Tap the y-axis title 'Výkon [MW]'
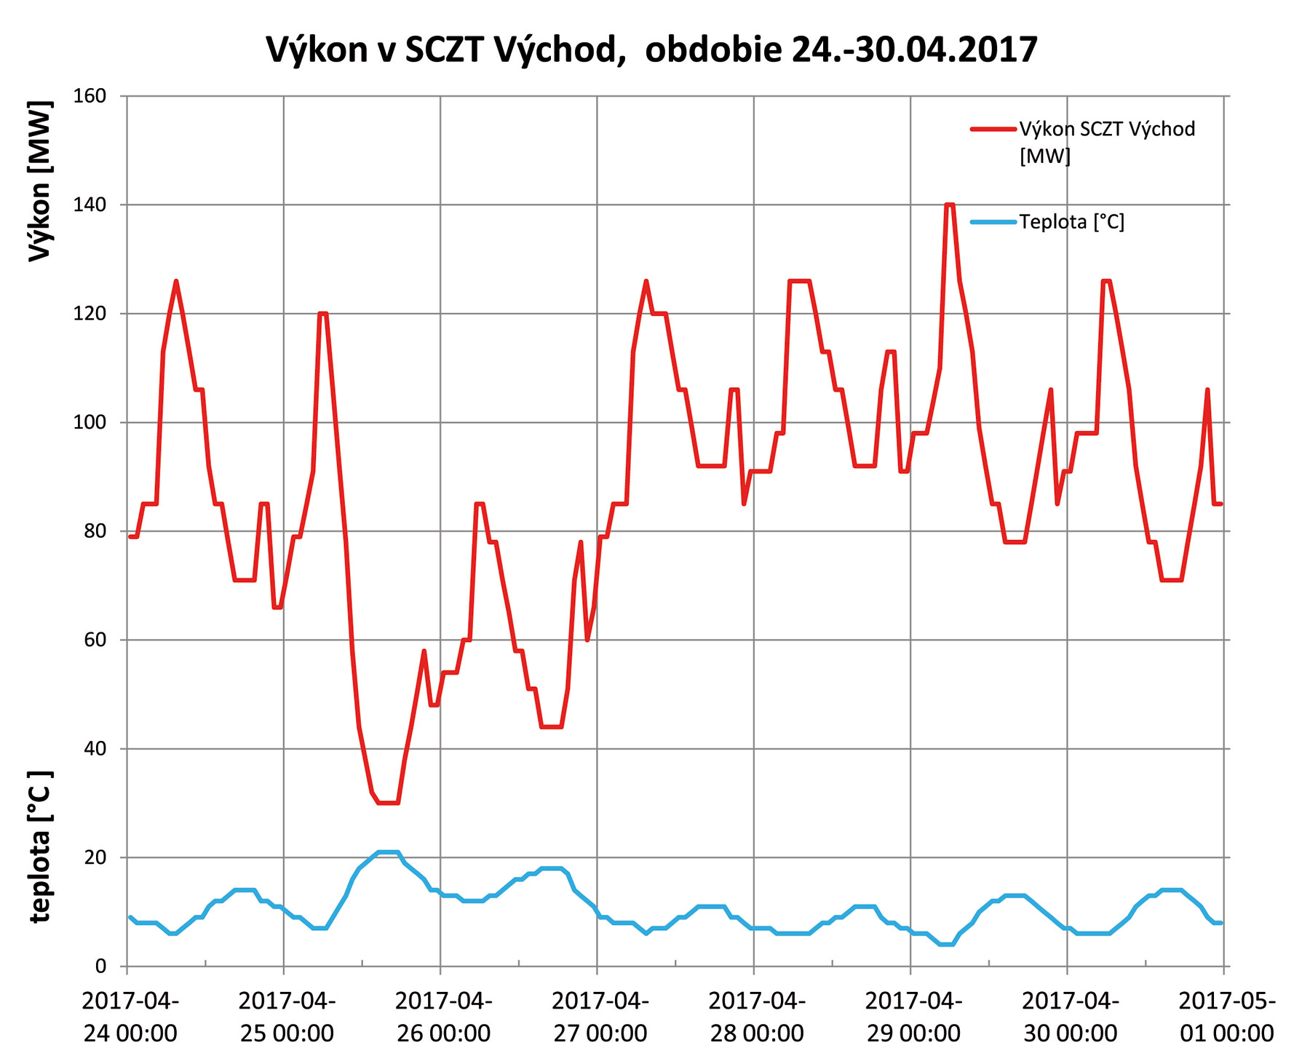pyautogui.click(x=41, y=180)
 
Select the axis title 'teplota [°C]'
pyautogui.click(x=41, y=846)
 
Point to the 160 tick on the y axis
pyautogui.click(x=90, y=96)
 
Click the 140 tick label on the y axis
pyautogui.click(x=90, y=205)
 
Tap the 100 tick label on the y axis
pyautogui.click(x=90, y=423)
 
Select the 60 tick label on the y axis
pyautogui.click(x=95, y=640)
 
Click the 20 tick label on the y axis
pyautogui.click(x=95, y=858)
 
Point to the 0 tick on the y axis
pyautogui.click(x=100, y=966)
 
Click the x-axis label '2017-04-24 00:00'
pyautogui.click(x=130, y=1017)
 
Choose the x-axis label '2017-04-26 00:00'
pyautogui.click(x=443, y=1017)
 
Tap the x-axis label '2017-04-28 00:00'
pyautogui.click(x=757, y=1017)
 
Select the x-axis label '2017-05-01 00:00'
pyautogui.click(x=1226, y=1017)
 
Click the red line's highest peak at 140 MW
pyautogui.click(x=949, y=205)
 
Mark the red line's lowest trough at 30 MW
pyautogui.click(x=388, y=803)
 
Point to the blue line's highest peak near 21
pyautogui.click(x=388, y=851)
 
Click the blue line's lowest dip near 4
pyautogui.click(x=946, y=944)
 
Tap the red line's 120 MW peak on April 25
pyautogui.click(x=322, y=314)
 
